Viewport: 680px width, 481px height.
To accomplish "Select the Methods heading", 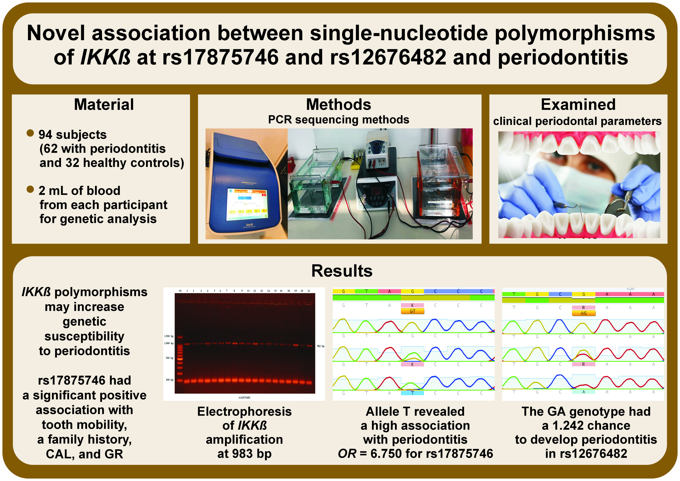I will tap(338, 105).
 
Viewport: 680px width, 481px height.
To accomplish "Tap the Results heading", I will tap(342, 271).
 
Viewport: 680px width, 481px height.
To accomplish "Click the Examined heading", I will tap(578, 105).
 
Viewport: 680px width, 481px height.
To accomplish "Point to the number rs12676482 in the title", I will tap(388, 57).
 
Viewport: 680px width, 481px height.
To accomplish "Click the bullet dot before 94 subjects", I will tap(30, 133).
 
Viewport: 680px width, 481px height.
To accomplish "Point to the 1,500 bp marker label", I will tap(169, 336).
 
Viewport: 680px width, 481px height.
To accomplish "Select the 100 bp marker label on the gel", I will tap(169, 380).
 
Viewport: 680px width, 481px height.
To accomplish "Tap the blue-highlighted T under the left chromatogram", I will tap(412, 393).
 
